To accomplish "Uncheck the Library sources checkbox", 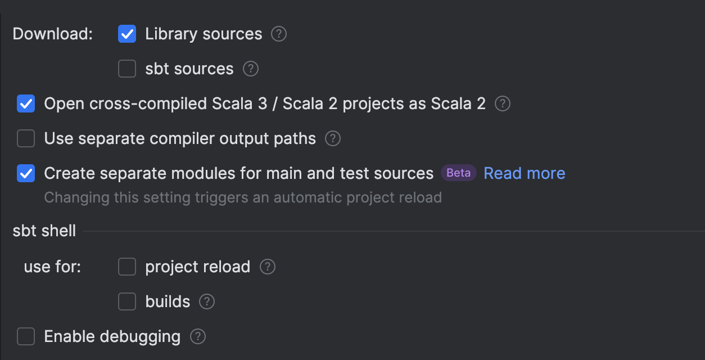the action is tap(127, 34).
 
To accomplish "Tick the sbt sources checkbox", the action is tap(127, 69).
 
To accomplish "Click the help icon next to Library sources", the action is tap(279, 34).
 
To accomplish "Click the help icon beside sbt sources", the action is tap(251, 69).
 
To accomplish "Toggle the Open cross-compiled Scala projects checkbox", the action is tap(26, 104).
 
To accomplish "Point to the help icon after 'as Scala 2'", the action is tap(503, 104).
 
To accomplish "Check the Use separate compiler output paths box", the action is tap(26, 138).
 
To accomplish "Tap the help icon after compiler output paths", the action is tap(333, 138).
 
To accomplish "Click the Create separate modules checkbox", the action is tap(26, 173).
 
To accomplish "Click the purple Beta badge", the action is tap(458, 173).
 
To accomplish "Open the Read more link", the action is tap(524, 173).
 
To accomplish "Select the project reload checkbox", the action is tap(127, 267).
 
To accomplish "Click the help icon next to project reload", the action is tap(268, 267).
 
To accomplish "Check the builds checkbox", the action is tap(127, 302).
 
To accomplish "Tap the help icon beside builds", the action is tap(207, 302).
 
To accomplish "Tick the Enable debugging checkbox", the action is tap(26, 337).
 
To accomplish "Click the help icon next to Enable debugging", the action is tap(198, 337).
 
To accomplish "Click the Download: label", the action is tap(52, 34).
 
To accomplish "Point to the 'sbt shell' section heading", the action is tap(44, 231).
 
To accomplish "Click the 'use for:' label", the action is tap(52, 267).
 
